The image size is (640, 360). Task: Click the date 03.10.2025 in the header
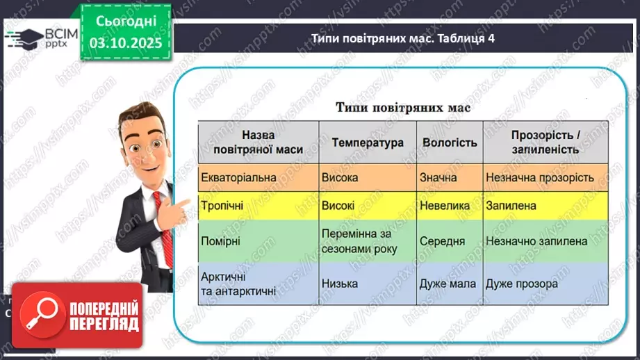point(125,42)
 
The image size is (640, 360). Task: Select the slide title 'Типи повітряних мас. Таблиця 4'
point(402,39)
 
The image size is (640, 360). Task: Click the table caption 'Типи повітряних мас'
point(403,107)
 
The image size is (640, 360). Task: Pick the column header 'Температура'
point(367,142)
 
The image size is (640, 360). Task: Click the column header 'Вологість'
point(450,142)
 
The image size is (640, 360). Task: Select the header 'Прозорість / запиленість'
point(545,142)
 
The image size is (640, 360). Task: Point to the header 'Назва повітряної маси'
point(258,142)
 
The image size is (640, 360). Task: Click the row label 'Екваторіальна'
point(238,177)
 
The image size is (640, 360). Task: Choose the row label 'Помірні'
point(222,241)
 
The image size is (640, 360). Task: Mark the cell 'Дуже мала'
point(448,284)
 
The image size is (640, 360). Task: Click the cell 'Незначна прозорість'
point(540,177)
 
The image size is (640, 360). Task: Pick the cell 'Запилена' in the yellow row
point(511,206)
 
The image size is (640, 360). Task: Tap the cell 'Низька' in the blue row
point(340,284)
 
